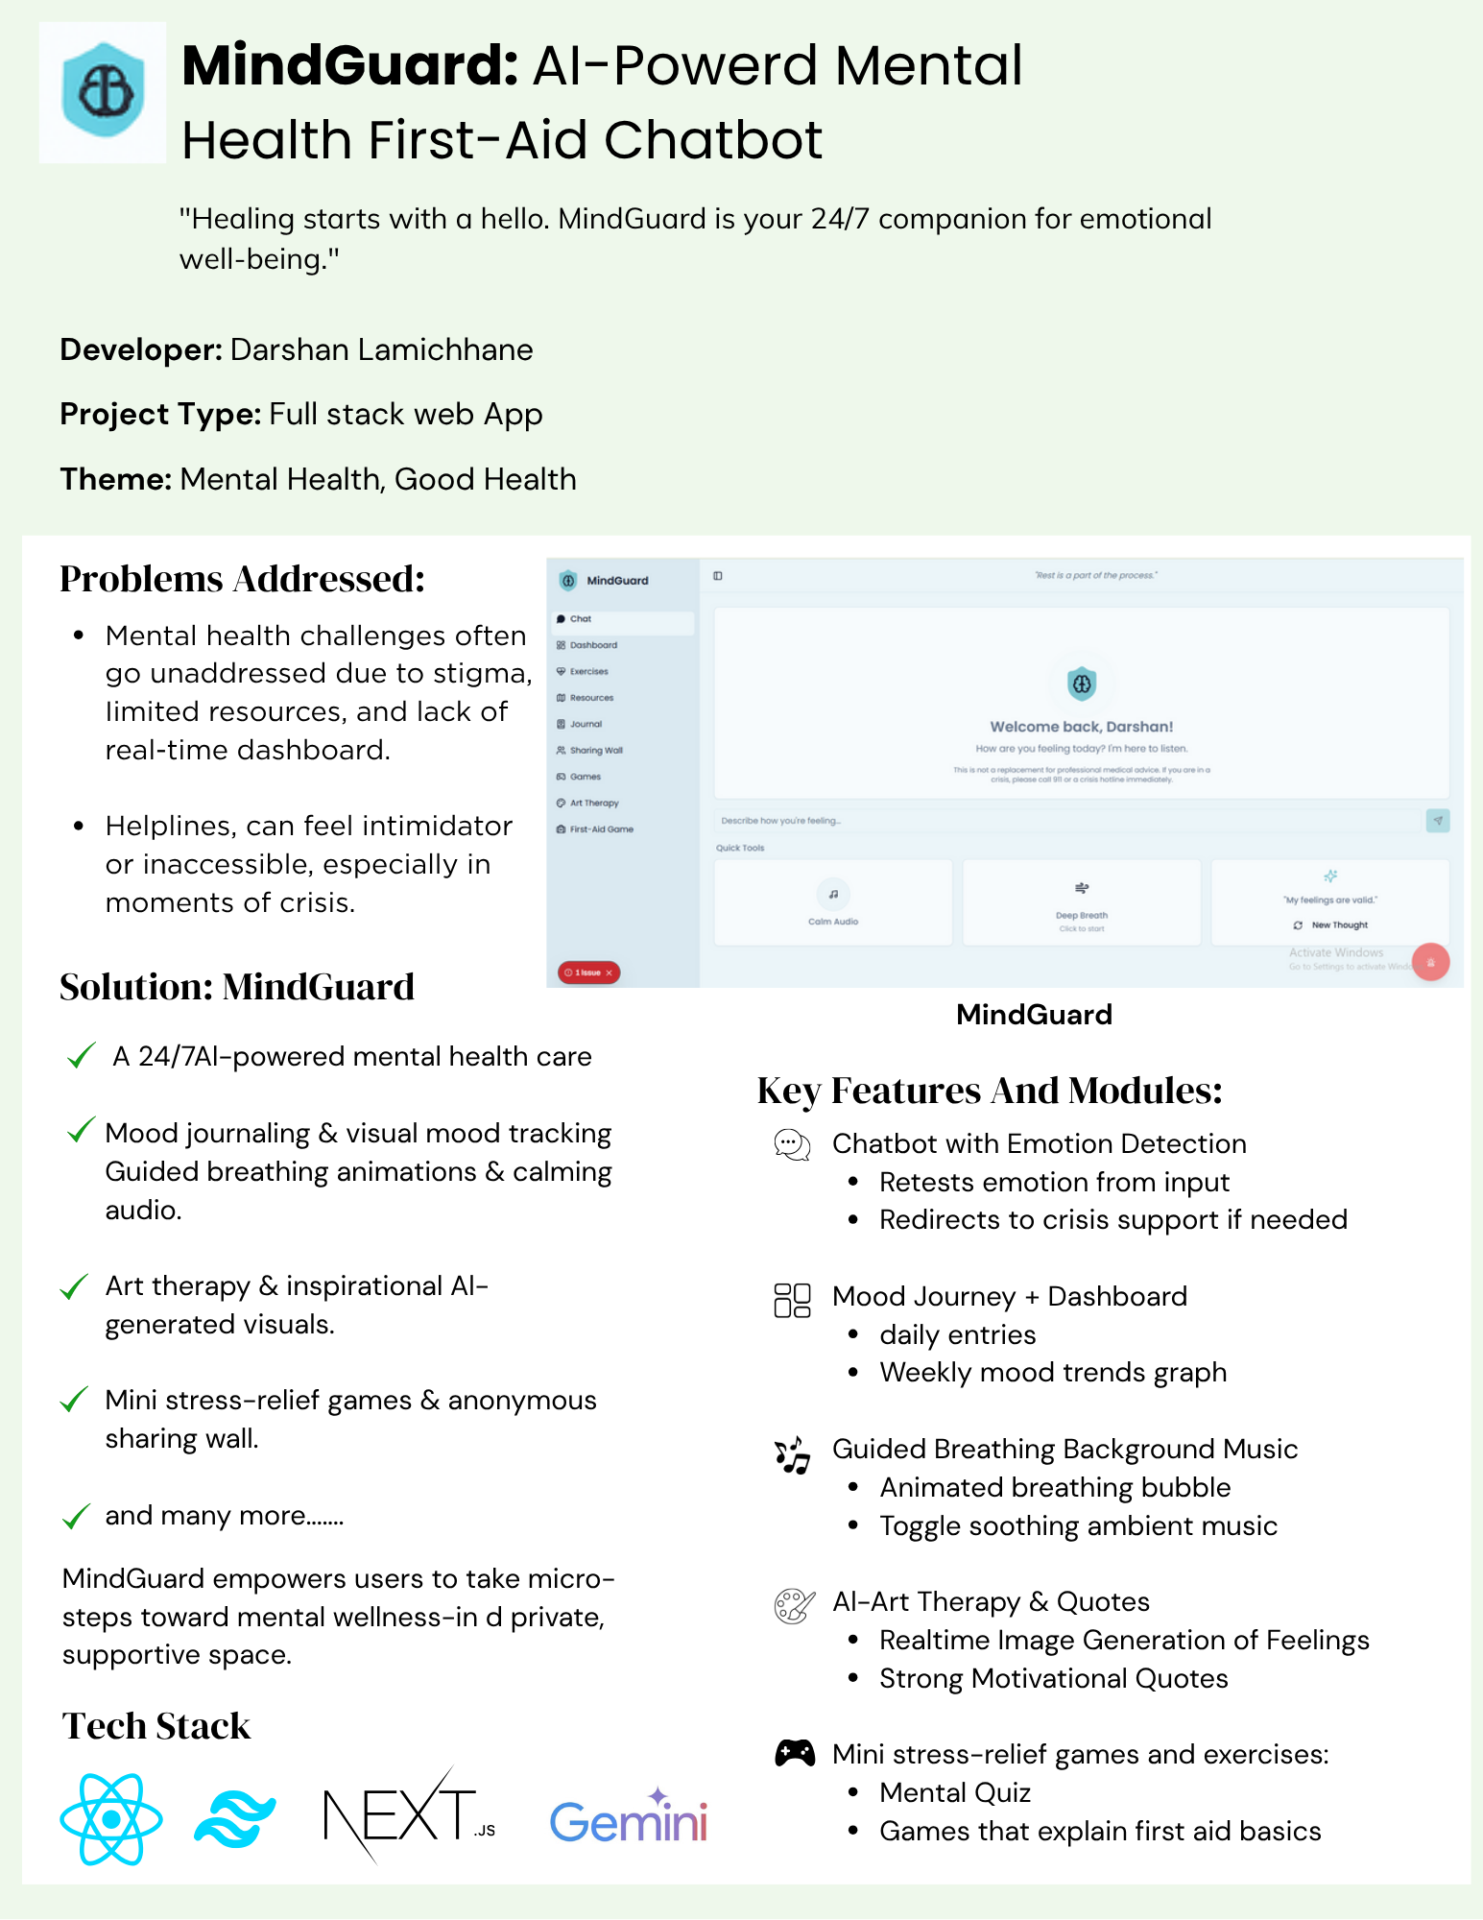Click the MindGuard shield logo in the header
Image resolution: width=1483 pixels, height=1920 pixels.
[103, 91]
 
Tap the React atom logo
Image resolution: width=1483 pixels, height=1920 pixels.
[110, 1819]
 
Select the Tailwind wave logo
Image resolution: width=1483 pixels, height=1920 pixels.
[235, 1819]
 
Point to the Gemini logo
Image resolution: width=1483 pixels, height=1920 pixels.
[629, 1819]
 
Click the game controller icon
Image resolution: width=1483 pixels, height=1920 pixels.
[795, 1753]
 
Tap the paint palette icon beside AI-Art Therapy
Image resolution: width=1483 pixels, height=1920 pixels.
[794, 1605]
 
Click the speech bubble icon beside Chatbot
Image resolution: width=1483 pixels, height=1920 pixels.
[793, 1144]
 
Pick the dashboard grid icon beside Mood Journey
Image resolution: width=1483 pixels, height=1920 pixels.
[793, 1300]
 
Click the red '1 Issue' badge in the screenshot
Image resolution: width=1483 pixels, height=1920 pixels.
[588, 972]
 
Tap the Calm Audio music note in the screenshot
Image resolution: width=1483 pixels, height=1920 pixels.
[833, 895]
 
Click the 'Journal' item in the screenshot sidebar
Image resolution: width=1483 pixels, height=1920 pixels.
[586, 724]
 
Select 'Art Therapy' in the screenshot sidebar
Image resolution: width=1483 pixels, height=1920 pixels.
[594, 803]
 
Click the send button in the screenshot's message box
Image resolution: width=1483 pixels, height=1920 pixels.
[1437, 820]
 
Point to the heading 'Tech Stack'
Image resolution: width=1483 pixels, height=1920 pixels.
[156, 1726]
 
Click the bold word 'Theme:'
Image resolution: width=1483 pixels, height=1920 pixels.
[116, 479]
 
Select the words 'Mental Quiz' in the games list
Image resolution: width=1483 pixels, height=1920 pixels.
[955, 1792]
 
